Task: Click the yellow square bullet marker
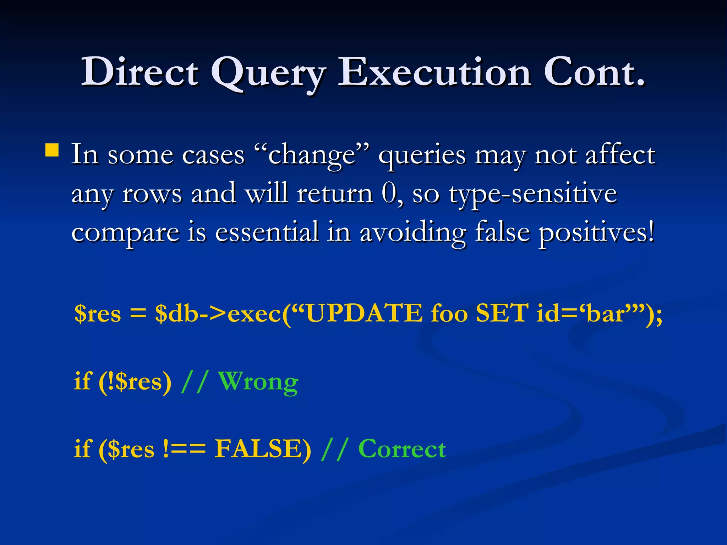pos(52,150)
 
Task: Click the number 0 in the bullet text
pos(389,193)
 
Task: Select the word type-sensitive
pos(532,194)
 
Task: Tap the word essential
pos(267,232)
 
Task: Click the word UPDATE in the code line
pos(364,313)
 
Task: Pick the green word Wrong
pos(258,382)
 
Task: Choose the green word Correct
pos(402,449)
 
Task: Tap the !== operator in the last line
pos(185,449)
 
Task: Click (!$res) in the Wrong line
pos(135,382)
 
